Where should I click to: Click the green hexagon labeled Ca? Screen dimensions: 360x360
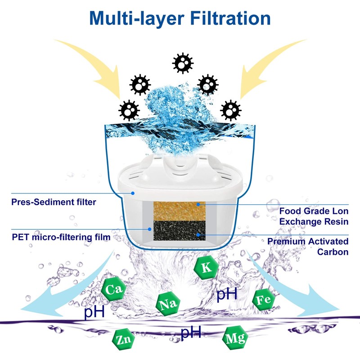coord(114,289)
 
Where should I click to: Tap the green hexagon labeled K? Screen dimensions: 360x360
coord(206,267)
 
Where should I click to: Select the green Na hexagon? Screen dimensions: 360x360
coord(168,304)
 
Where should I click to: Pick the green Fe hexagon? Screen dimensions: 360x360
coord(264,300)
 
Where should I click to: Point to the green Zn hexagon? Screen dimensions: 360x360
coord(123,339)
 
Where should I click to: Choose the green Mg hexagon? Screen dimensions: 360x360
coord(235,338)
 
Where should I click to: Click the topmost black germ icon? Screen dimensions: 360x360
coord(183,63)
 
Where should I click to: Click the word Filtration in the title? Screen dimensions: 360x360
coord(230,18)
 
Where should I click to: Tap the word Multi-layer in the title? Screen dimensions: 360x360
coord(137,19)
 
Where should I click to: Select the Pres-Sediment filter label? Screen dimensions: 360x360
coord(54,202)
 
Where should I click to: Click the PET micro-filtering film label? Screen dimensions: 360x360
coord(61,237)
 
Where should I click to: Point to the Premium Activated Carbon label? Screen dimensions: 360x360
coord(308,247)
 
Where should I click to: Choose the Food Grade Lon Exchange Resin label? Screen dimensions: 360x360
coord(314,216)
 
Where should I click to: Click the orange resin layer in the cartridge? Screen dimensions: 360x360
coord(179,211)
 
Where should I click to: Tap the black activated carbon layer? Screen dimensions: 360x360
coord(179,230)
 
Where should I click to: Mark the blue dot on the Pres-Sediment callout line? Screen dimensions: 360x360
coord(133,193)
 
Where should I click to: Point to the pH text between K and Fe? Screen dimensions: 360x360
coord(227,294)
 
